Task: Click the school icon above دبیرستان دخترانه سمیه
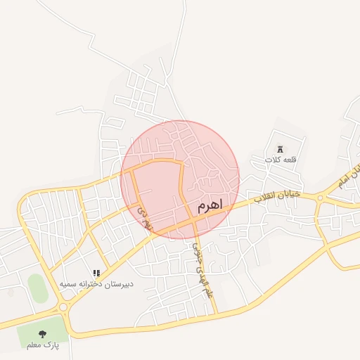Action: (96, 273)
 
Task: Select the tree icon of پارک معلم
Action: (42, 334)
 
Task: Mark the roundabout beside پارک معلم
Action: (63, 307)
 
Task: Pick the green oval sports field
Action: (38, 288)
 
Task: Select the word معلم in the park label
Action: (34, 345)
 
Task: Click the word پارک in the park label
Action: (51, 345)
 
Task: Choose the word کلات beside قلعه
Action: (273, 160)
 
